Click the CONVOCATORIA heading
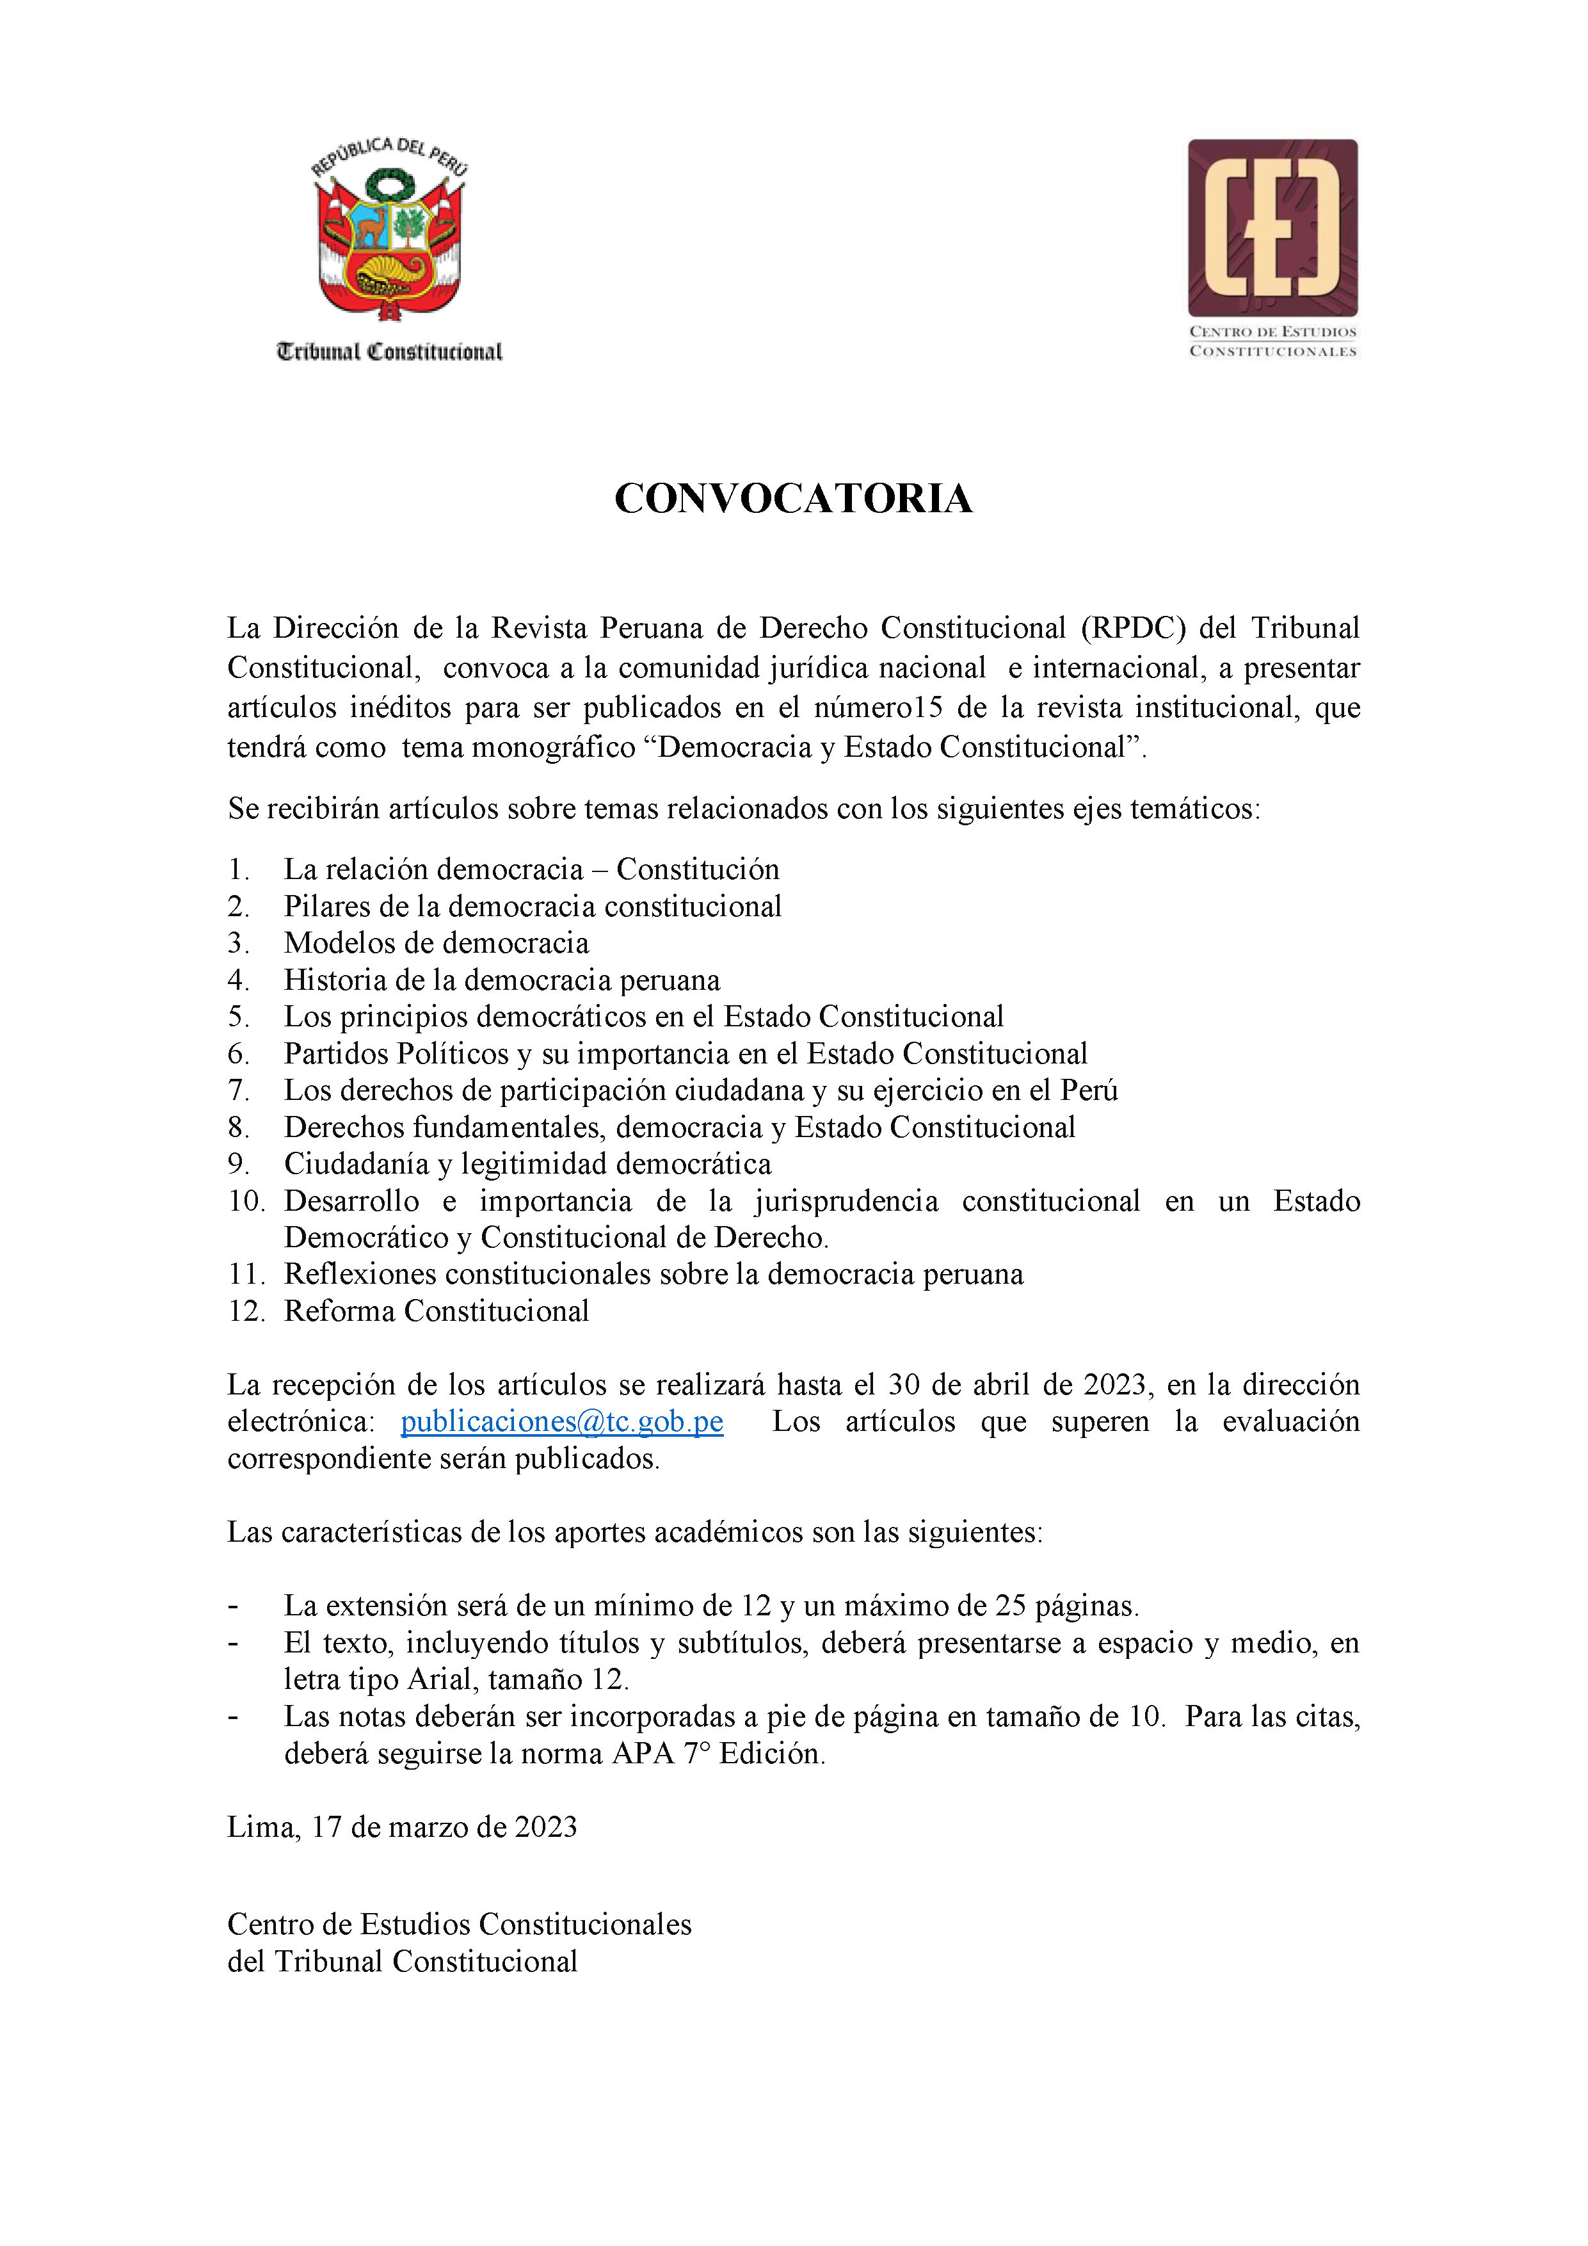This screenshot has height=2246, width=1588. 793,499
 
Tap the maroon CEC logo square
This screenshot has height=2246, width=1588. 1272,228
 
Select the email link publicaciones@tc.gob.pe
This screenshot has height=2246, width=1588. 562,1421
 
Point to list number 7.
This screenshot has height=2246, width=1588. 239,1091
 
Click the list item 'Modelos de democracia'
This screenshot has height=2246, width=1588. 436,943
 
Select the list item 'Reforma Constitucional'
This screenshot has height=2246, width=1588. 436,1311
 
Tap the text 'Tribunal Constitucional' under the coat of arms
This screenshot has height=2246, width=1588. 389,352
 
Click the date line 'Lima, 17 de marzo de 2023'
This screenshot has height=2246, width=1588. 402,1827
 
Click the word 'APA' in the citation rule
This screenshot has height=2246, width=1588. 643,1754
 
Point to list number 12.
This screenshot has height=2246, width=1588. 245,1311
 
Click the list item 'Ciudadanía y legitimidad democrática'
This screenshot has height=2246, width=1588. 527,1164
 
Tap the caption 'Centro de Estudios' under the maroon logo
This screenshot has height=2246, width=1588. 1272,332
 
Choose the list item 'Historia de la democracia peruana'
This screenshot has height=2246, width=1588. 502,980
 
